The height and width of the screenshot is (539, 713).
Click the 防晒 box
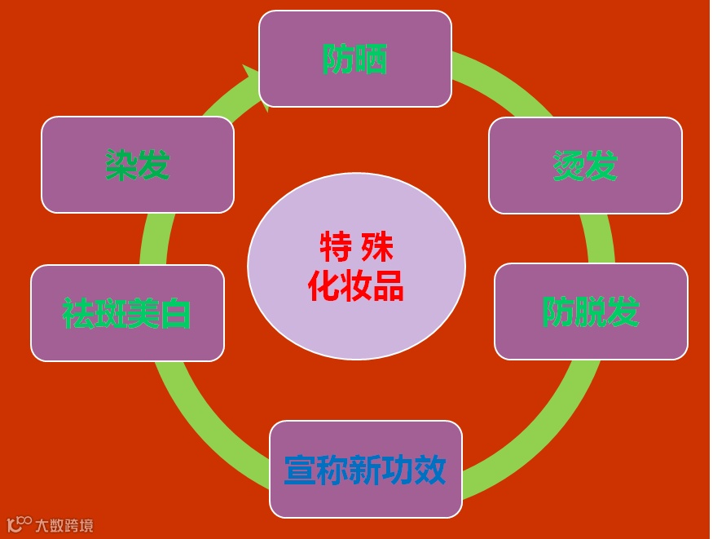coord(354,59)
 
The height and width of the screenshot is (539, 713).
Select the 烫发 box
coord(585,166)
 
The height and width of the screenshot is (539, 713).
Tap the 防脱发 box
coord(591,311)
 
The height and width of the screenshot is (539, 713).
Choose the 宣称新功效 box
coord(365,470)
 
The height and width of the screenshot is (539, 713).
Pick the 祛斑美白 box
coord(127,313)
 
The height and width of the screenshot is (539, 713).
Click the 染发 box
coord(137,165)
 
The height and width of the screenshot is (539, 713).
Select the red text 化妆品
coord(356,285)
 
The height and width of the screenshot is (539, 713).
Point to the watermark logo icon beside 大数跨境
coord(20,524)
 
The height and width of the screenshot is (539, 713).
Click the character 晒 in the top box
coord(372,59)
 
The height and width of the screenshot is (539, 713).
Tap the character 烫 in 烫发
coord(569,166)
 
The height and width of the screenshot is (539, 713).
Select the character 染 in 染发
coord(121,165)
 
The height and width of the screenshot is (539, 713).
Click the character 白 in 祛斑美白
coord(175,313)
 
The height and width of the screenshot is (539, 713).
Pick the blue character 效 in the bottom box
coord(429,470)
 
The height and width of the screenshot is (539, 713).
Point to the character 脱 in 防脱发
coord(591,311)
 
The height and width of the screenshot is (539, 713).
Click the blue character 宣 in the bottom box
coord(300,470)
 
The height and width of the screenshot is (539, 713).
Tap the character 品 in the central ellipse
coord(388,285)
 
